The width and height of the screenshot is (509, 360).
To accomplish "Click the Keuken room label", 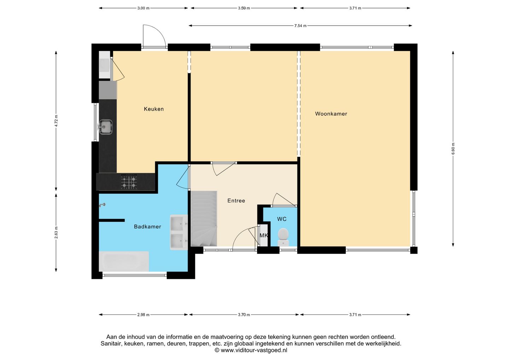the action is click(x=154, y=109).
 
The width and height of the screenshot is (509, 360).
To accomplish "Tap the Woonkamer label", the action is click(x=331, y=114).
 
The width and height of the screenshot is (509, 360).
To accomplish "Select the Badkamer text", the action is click(x=147, y=227).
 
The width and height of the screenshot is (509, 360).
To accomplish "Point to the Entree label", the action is click(x=236, y=201).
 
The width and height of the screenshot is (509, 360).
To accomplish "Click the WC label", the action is click(x=282, y=219).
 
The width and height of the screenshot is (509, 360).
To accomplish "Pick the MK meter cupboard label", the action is click(x=264, y=236).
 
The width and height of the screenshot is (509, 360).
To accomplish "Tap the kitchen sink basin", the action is click(x=106, y=127).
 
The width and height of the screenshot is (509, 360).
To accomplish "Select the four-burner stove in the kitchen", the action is click(x=129, y=182).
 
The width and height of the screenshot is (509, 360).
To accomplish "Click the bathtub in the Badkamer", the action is click(x=124, y=261).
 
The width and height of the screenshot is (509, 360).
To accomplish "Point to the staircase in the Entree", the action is click(x=204, y=219).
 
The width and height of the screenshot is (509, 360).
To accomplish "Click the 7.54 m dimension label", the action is click(x=300, y=26).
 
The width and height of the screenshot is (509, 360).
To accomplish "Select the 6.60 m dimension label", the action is click(x=453, y=149).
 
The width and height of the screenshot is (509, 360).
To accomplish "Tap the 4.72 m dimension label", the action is click(x=56, y=121).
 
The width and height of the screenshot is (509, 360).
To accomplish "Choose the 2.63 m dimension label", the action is click(x=56, y=232).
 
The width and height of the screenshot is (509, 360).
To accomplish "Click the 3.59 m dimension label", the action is click(x=244, y=8).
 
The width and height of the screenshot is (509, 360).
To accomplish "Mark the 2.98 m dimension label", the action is click(x=144, y=315).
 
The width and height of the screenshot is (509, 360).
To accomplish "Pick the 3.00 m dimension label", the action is click(x=144, y=8).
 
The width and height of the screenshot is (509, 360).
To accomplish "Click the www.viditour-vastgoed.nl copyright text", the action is click(x=251, y=350).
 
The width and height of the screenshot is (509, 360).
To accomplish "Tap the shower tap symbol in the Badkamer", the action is click(x=102, y=205).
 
